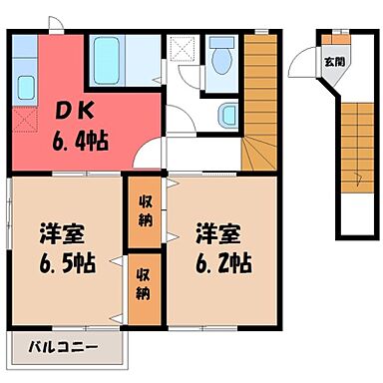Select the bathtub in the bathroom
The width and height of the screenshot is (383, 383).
[105, 61]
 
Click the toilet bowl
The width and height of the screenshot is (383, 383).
[220, 56]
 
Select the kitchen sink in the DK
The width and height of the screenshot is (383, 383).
[26, 85]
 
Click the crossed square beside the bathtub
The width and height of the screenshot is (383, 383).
[183, 46]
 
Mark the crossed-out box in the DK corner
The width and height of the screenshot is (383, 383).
[25, 122]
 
